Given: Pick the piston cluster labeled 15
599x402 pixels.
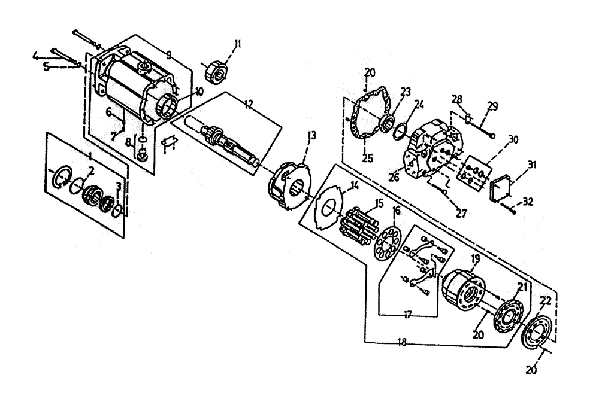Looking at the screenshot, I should pyautogui.click(x=357, y=223).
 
